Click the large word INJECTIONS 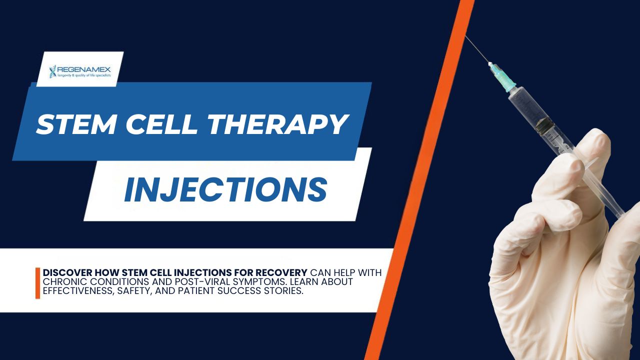click(225, 189)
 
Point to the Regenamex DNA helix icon click(53, 71)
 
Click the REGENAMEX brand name click(83, 68)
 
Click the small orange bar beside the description click(37, 283)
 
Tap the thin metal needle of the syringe click(477, 50)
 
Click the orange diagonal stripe click(420, 180)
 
